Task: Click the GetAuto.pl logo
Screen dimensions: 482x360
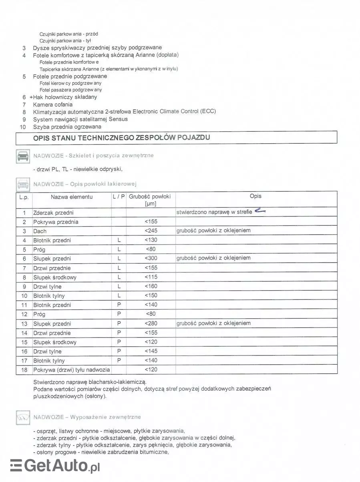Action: pos(55,466)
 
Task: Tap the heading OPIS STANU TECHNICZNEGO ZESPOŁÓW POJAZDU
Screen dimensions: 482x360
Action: pos(122,137)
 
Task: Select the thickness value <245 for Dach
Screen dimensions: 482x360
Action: pos(151,231)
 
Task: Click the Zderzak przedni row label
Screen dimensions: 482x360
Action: pos(53,213)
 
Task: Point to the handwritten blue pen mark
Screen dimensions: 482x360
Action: pos(260,211)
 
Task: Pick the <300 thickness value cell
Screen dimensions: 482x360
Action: pos(151,259)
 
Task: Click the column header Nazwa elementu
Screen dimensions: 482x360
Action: pos(72,197)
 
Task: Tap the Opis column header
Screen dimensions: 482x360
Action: pos(255,196)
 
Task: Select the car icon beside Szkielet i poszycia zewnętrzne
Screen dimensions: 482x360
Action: pos(23,156)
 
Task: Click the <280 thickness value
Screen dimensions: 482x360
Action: pos(151,323)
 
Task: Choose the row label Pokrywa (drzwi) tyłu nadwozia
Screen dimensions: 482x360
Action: pos(72,370)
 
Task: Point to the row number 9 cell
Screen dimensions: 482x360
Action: pos(24,287)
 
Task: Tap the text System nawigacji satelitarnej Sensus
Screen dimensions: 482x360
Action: pos(80,119)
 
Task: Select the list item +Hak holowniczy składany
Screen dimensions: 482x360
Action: pos(63,97)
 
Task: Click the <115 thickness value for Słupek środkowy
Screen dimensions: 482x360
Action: pos(151,277)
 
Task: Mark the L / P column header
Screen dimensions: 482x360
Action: pos(119,197)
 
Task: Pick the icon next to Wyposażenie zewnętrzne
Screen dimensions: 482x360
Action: pos(23,418)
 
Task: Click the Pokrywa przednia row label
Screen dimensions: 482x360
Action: pos(56,222)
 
